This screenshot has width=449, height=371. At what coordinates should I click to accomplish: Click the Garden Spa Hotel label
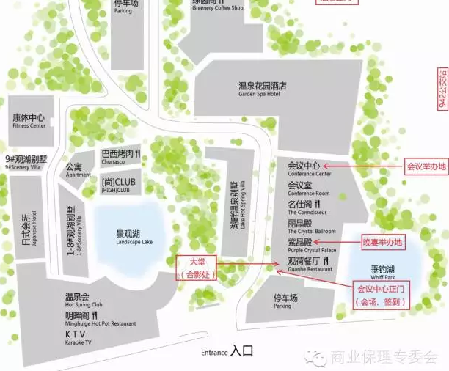[263, 90]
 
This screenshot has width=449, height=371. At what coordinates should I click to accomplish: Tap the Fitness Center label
[29, 121]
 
